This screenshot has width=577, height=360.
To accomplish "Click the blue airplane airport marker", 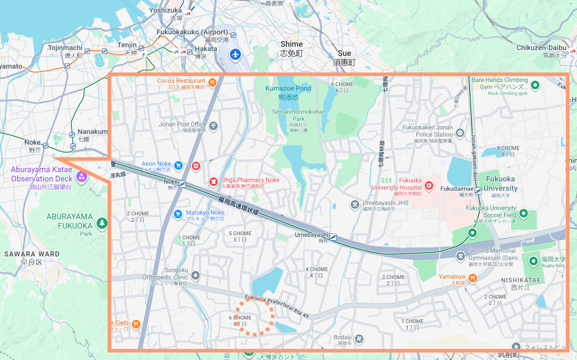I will tap(235, 54).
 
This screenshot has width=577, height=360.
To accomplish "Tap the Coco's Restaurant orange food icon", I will tap(212, 83).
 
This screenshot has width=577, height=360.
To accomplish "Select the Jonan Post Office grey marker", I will tap(213, 126).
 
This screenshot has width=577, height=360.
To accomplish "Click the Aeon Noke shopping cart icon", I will tap(178, 165).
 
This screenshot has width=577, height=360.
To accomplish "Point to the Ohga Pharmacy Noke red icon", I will tap(213, 181).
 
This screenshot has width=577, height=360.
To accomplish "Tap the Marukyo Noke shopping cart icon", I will tap(178, 214).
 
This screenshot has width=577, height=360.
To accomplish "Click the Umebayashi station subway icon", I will tap(333, 237).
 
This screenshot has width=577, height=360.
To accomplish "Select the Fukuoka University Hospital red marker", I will tap(429, 186).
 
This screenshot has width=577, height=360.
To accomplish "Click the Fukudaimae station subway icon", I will tap(478, 191).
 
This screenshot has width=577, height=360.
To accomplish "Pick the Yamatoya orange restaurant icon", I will tap(472, 278).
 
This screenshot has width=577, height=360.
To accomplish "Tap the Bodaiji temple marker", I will tap(359, 338).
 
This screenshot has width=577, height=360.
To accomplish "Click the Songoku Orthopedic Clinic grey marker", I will tap(195, 276).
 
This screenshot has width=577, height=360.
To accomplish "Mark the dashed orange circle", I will tap(255, 316).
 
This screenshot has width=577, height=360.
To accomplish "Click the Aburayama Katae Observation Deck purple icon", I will tap(82, 177).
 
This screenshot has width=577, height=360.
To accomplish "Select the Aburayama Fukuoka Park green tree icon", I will tap(102, 223).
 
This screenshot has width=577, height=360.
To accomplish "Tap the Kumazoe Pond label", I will tap(288, 89).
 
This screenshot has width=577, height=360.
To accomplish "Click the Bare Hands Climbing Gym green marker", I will tap(535, 85).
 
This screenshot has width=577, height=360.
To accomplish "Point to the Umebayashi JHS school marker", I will tap(355, 205).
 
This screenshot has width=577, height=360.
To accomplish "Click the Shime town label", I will tap(292, 44).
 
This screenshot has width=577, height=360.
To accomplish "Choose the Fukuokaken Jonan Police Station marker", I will tap(460, 133).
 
